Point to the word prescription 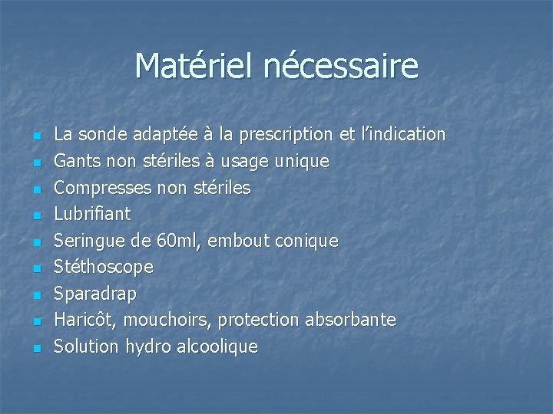[286, 135]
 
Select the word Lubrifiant [92, 214]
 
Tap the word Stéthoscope [104, 267]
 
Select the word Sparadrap [95, 294]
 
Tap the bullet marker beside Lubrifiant [35, 216]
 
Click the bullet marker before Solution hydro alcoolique [35, 349]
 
